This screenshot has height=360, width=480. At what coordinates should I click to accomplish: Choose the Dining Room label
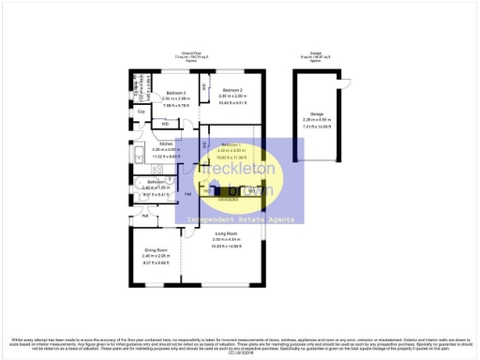point(156,250)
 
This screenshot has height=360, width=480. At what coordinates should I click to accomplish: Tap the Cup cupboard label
point(141,112)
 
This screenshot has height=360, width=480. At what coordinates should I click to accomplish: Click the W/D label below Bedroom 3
point(165,123)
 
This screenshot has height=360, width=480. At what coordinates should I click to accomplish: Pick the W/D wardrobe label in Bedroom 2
point(204,89)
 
